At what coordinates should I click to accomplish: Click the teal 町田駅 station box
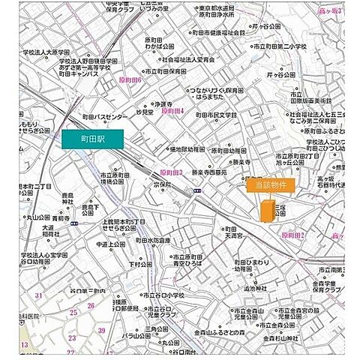[x=97, y=139]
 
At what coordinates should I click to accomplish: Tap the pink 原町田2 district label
[x=295, y=235]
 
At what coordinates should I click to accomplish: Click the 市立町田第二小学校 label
[x=301, y=46]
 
